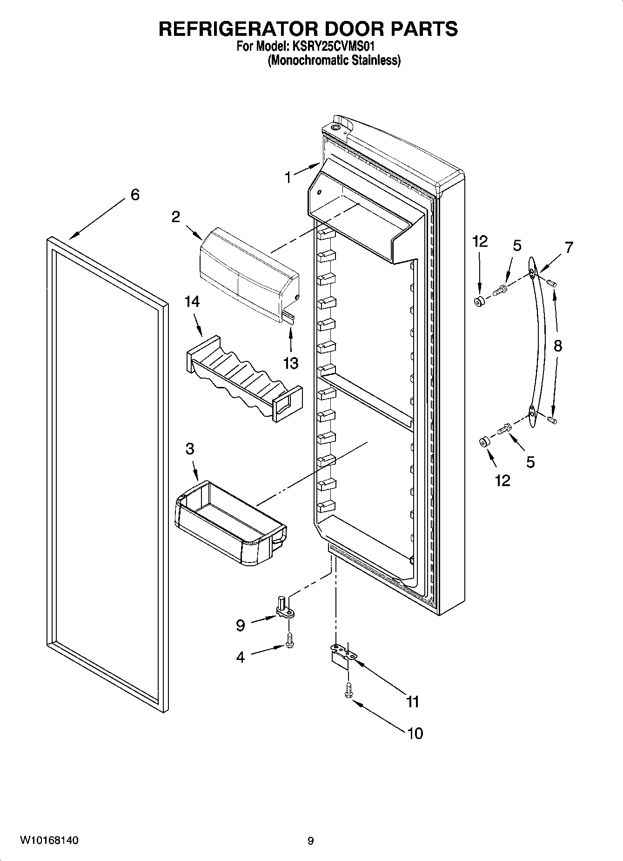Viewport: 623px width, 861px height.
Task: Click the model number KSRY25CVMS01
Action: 334,47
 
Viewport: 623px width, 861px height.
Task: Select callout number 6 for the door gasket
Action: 134,195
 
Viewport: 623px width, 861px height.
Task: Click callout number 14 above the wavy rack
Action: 192,302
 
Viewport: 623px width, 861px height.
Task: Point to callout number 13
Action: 291,363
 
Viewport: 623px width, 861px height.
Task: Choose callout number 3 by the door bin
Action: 189,449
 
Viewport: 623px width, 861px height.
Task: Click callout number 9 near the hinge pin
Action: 240,625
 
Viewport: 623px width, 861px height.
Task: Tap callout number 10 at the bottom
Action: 415,733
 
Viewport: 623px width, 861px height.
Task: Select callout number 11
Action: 413,701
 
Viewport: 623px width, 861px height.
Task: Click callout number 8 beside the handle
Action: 558,346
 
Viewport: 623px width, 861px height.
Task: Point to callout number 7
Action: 569,247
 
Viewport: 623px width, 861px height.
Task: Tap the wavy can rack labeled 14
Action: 242,377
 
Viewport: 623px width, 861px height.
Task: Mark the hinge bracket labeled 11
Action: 342,654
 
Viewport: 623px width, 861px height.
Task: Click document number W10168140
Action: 48,841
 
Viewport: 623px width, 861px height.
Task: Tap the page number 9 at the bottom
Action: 311,841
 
